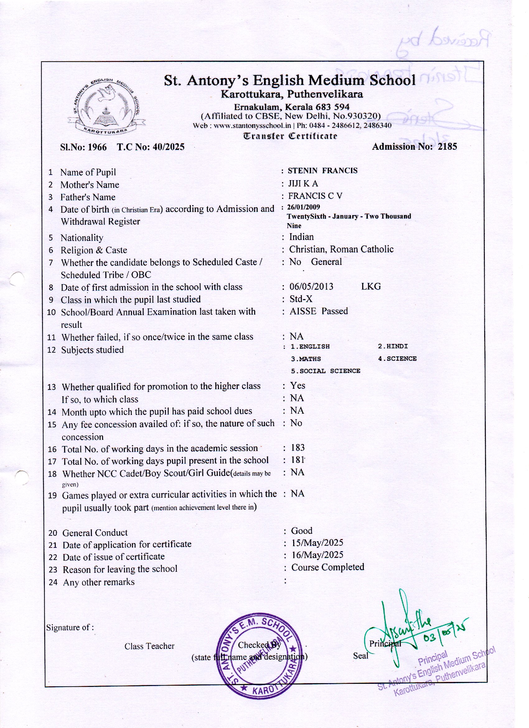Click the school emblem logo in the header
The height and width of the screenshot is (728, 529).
coord(106,106)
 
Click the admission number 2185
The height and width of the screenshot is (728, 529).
coord(447,147)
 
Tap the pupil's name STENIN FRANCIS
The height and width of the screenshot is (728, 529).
coord(322,171)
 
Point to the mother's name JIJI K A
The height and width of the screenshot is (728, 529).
coord(303,184)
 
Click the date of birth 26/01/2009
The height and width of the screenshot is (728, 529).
coord(303,207)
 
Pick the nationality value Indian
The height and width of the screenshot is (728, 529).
coord(302,237)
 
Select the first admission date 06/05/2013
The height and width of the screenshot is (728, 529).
coord(311,286)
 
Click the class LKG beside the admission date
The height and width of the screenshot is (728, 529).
coord(371,286)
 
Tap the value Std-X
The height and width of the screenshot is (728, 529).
coord(301,299)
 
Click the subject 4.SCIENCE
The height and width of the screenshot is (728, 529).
coord(397,359)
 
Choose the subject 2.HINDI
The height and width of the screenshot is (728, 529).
coord(393,346)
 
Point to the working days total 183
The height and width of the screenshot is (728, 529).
coord(297,448)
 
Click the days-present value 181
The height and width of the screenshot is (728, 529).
coord(297,460)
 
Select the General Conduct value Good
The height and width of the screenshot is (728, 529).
coord(302,531)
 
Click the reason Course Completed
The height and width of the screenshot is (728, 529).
coord(327,567)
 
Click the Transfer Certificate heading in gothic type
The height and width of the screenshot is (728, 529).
coord(290,136)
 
